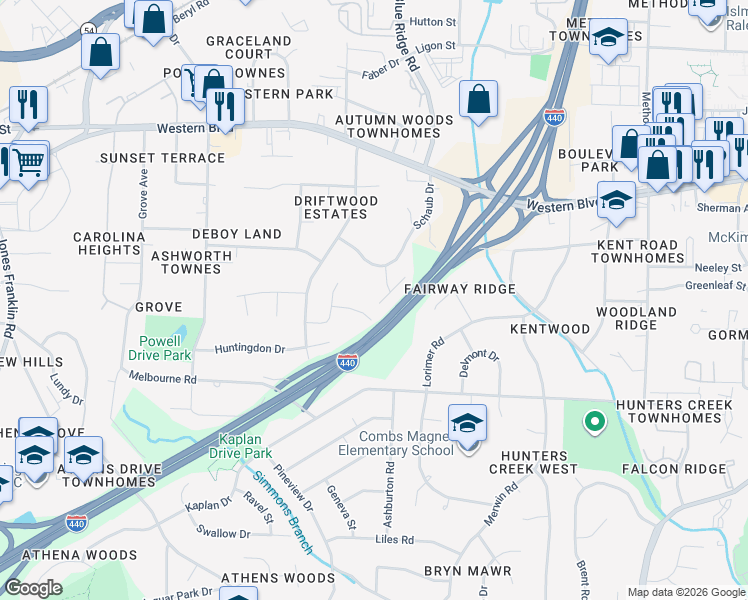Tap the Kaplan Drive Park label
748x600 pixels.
(246, 446)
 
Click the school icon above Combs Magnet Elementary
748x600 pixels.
(467, 423)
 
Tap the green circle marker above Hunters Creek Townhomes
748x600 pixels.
(594, 422)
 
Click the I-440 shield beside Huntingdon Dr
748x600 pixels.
(347, 361)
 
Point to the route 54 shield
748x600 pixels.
(90, 30)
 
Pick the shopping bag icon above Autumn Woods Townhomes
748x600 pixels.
(479, 99)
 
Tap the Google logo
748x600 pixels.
(33, 588)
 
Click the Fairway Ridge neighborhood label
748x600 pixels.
(459, 289)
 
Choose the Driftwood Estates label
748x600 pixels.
(336, 207)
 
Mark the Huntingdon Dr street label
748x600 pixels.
(250, 349)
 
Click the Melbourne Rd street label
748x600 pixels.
(163, 379)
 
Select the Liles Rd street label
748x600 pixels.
(394, 540)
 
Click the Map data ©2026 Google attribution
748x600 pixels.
(686, 592)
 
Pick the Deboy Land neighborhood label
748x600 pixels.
(237, 234)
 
